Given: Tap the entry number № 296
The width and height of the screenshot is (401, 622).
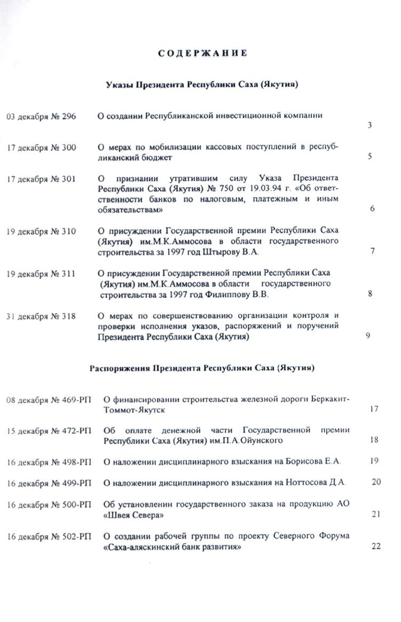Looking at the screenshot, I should click(x=65, y=116).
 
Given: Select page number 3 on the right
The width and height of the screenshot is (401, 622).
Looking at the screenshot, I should click(x=369, y=126).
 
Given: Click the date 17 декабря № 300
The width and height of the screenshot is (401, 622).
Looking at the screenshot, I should click(x=41, y=147).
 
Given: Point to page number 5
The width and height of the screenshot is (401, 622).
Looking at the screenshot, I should click(x=369, y=157).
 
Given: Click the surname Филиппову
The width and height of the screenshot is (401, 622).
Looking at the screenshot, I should click(x=227, y=294).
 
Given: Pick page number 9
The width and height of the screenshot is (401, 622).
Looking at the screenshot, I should click(x=368, y=336).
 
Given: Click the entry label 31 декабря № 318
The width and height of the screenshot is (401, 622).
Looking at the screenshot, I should click(x=41, y=316).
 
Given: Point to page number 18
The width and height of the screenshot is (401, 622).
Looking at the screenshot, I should click(x=374, y=440).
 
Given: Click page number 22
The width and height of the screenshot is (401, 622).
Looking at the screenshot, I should click(x=375, y=546).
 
